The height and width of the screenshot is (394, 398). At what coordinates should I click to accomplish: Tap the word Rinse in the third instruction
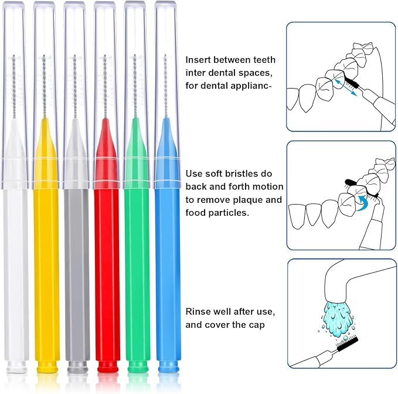coord(198,311)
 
